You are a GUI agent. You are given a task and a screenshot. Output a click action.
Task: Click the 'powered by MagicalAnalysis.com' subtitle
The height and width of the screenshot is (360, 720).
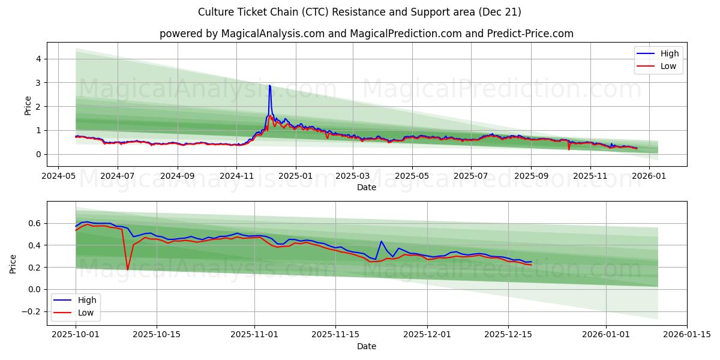[367, 34]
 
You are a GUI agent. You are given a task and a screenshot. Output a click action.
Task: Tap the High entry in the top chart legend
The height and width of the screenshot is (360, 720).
[669, 53]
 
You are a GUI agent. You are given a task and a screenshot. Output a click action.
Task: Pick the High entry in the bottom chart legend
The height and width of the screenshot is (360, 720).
[86, 300]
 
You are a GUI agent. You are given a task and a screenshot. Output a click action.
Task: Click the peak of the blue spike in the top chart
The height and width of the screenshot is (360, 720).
[269, 86]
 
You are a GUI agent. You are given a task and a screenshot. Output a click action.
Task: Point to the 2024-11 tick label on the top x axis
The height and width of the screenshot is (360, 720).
[236, 177]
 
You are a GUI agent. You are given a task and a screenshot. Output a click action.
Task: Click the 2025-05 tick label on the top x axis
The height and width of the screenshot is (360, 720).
[412, 177]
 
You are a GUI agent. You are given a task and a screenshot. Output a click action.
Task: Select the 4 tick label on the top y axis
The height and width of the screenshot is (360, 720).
[38, 59]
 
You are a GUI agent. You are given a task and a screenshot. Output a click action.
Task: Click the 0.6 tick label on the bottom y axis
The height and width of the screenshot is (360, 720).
[35, 223]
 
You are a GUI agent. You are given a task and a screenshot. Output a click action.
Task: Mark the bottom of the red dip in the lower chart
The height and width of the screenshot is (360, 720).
[127, 269]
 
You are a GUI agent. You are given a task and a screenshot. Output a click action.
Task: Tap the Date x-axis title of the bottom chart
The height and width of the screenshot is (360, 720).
[367, 346]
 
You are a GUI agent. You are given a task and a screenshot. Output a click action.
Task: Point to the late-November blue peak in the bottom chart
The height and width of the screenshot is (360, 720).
[381, 242]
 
